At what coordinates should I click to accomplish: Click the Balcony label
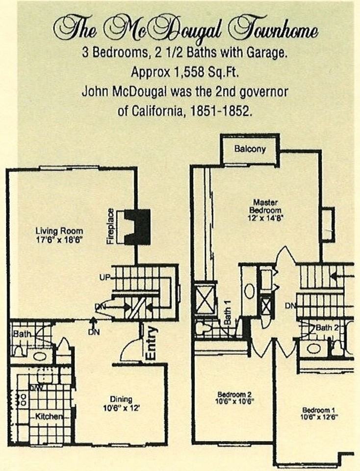point(250,149)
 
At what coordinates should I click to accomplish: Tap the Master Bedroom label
point(265,206)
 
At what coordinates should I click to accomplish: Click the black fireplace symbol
point(137,227)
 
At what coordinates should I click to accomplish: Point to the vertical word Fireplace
point(111,227)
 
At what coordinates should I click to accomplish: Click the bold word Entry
point(152,343)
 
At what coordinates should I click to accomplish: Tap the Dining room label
point(121,399)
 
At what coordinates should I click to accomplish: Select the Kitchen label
point(49,417)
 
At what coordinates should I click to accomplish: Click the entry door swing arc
point(129,349)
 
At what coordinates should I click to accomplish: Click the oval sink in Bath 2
point(313,348)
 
